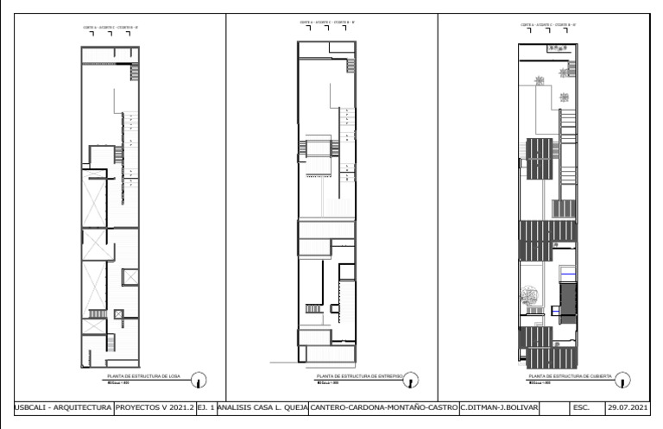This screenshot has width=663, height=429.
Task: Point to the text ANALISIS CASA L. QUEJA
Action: coord(260,407)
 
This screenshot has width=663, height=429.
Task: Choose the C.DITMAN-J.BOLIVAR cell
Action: coord(498,407)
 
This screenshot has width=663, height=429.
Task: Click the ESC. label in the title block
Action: coord(579,407)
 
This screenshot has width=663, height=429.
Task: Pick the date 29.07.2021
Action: coord(628,407)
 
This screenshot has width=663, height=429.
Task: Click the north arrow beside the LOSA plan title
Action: coord(199,378)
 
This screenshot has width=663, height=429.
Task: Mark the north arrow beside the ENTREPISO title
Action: coord(413,378)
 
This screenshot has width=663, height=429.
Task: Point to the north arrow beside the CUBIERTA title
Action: coord(623,378)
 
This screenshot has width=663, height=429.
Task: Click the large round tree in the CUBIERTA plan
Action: coord(527,299)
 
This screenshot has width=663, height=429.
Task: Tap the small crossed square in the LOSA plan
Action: coord(130,276)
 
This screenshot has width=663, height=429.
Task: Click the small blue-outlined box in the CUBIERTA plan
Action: coord(556,308)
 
